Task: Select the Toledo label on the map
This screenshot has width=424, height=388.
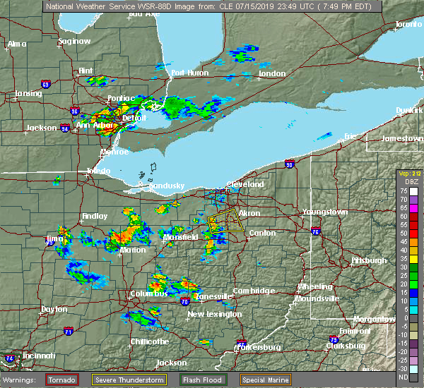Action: pyautogui.click(x=98, y=171)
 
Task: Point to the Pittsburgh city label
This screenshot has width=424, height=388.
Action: pyautogui.click(x=370, y=260)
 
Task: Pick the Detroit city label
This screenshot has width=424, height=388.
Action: pyautogui.click(x=134, y=119)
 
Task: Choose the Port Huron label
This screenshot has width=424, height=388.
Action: pyautogui.click(x=187, y=73)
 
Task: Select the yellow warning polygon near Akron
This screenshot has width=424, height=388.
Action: pyautogui.click(x=225, y=222)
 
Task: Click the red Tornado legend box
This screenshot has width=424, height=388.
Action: pyautogui.click(x=62, y=379)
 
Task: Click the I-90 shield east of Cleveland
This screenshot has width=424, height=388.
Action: pyautogui.click(x=290, y=164)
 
